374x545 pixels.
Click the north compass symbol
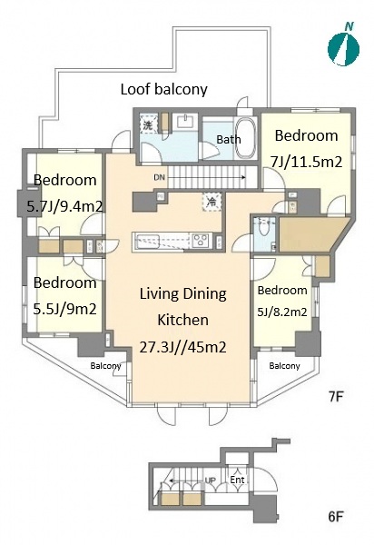pos(343,47)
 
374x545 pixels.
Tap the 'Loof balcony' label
pos(164,89)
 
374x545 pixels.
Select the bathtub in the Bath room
pos(245,138)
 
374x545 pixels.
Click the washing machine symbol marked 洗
pos(148,124)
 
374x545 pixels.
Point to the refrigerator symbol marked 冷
pos(212,202)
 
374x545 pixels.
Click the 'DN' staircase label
pos(159,177)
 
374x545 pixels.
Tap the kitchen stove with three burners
pos(201,241)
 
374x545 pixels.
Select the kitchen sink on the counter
pos(148,241)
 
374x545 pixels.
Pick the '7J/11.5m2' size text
pos(306,162)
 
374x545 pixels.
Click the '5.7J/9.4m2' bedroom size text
pos(64,207)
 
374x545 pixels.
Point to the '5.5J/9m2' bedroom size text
pos(64,309)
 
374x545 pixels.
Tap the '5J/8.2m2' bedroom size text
pos(282,312)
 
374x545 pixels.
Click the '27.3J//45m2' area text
pos(183,347)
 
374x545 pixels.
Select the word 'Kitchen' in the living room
pos(183,320)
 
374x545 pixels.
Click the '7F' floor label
pos(336,397)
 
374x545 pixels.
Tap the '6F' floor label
pos(336,517)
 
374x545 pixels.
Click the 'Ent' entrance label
pos(238,480)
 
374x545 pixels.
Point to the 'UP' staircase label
pos(211,481)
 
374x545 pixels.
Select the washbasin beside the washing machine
pos(185,122)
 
